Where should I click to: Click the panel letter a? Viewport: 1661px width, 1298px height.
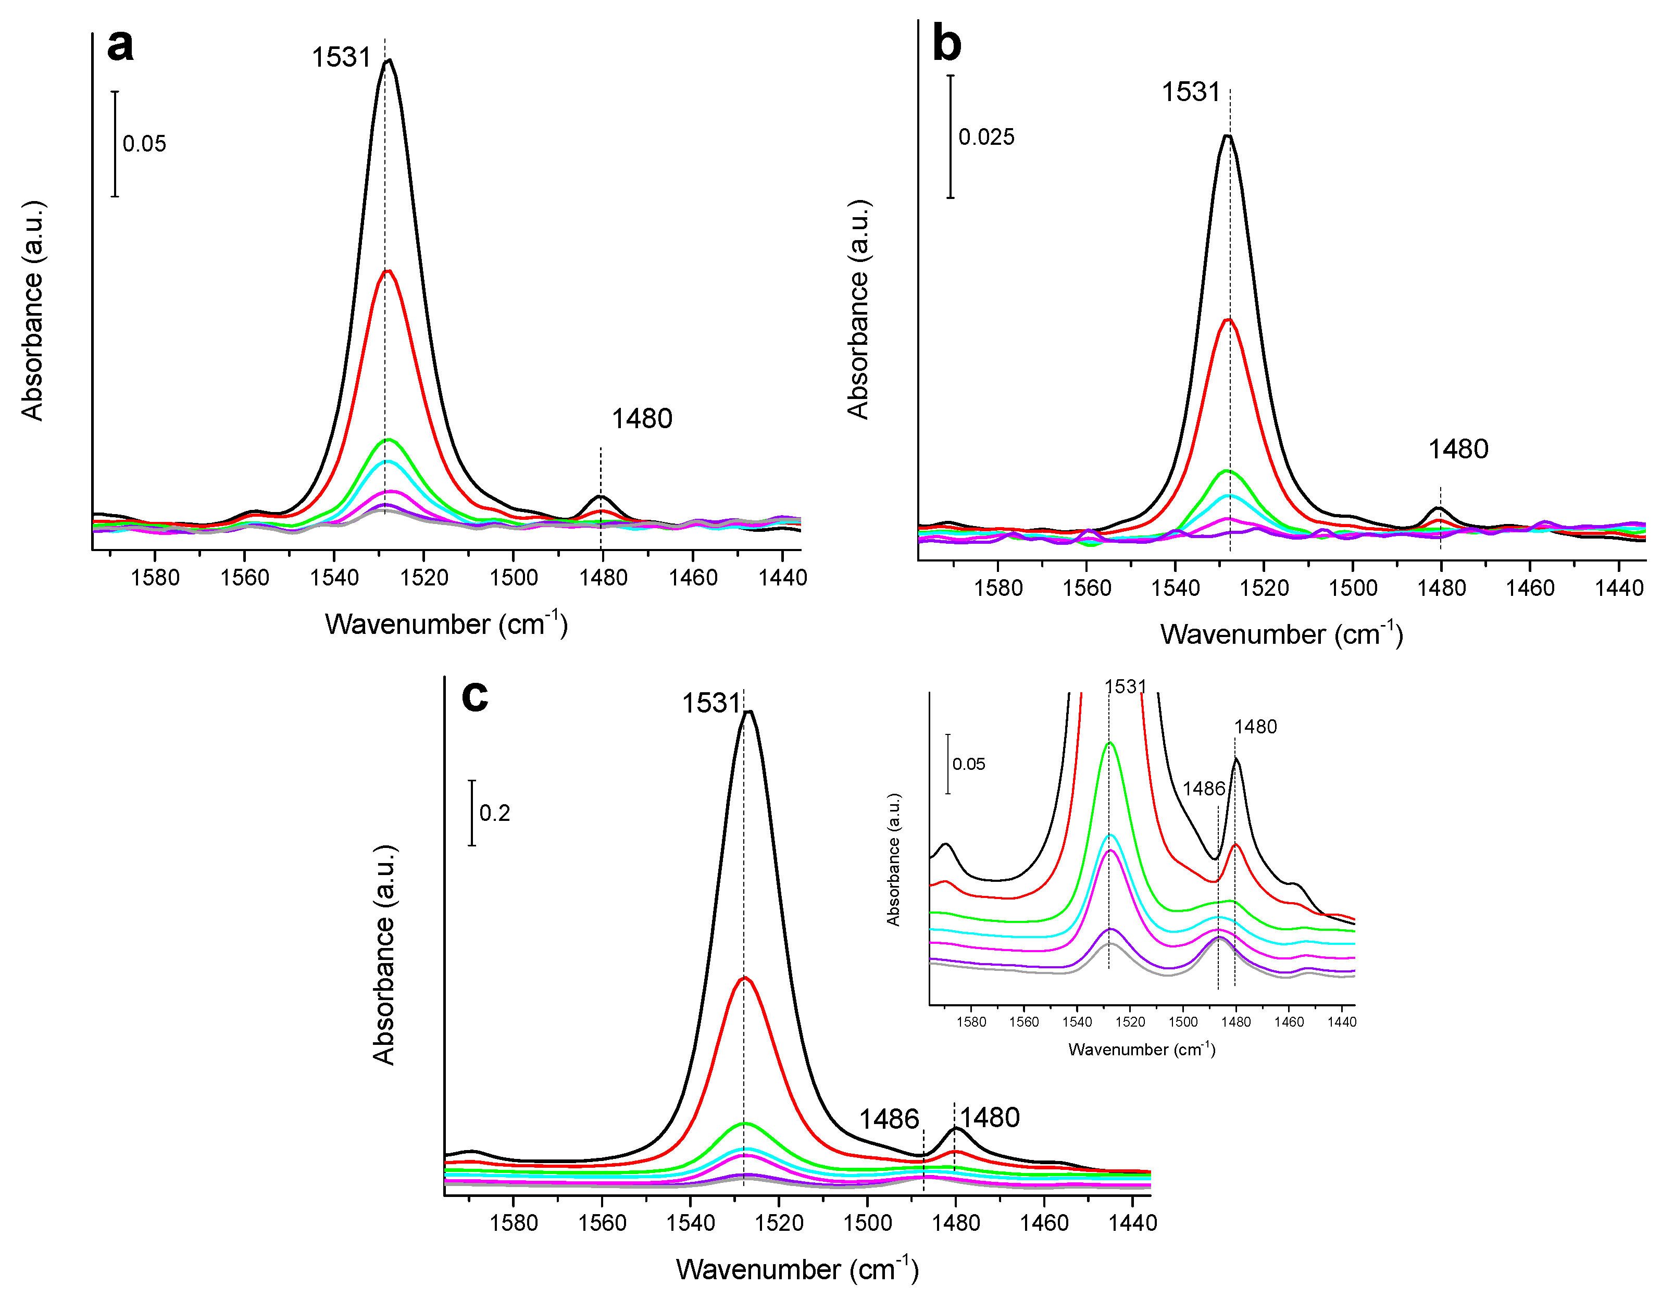120,46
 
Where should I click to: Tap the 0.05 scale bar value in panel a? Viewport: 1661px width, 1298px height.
144,144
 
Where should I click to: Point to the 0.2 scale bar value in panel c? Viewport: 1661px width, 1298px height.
494,813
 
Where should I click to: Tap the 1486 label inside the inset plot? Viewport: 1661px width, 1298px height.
1203,789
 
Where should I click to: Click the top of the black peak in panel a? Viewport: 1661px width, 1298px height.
389,61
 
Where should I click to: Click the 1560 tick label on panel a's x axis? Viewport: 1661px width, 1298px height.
245,578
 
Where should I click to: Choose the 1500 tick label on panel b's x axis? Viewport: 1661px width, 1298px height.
1353,588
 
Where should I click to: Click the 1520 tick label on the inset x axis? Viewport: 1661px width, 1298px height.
1130,1022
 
